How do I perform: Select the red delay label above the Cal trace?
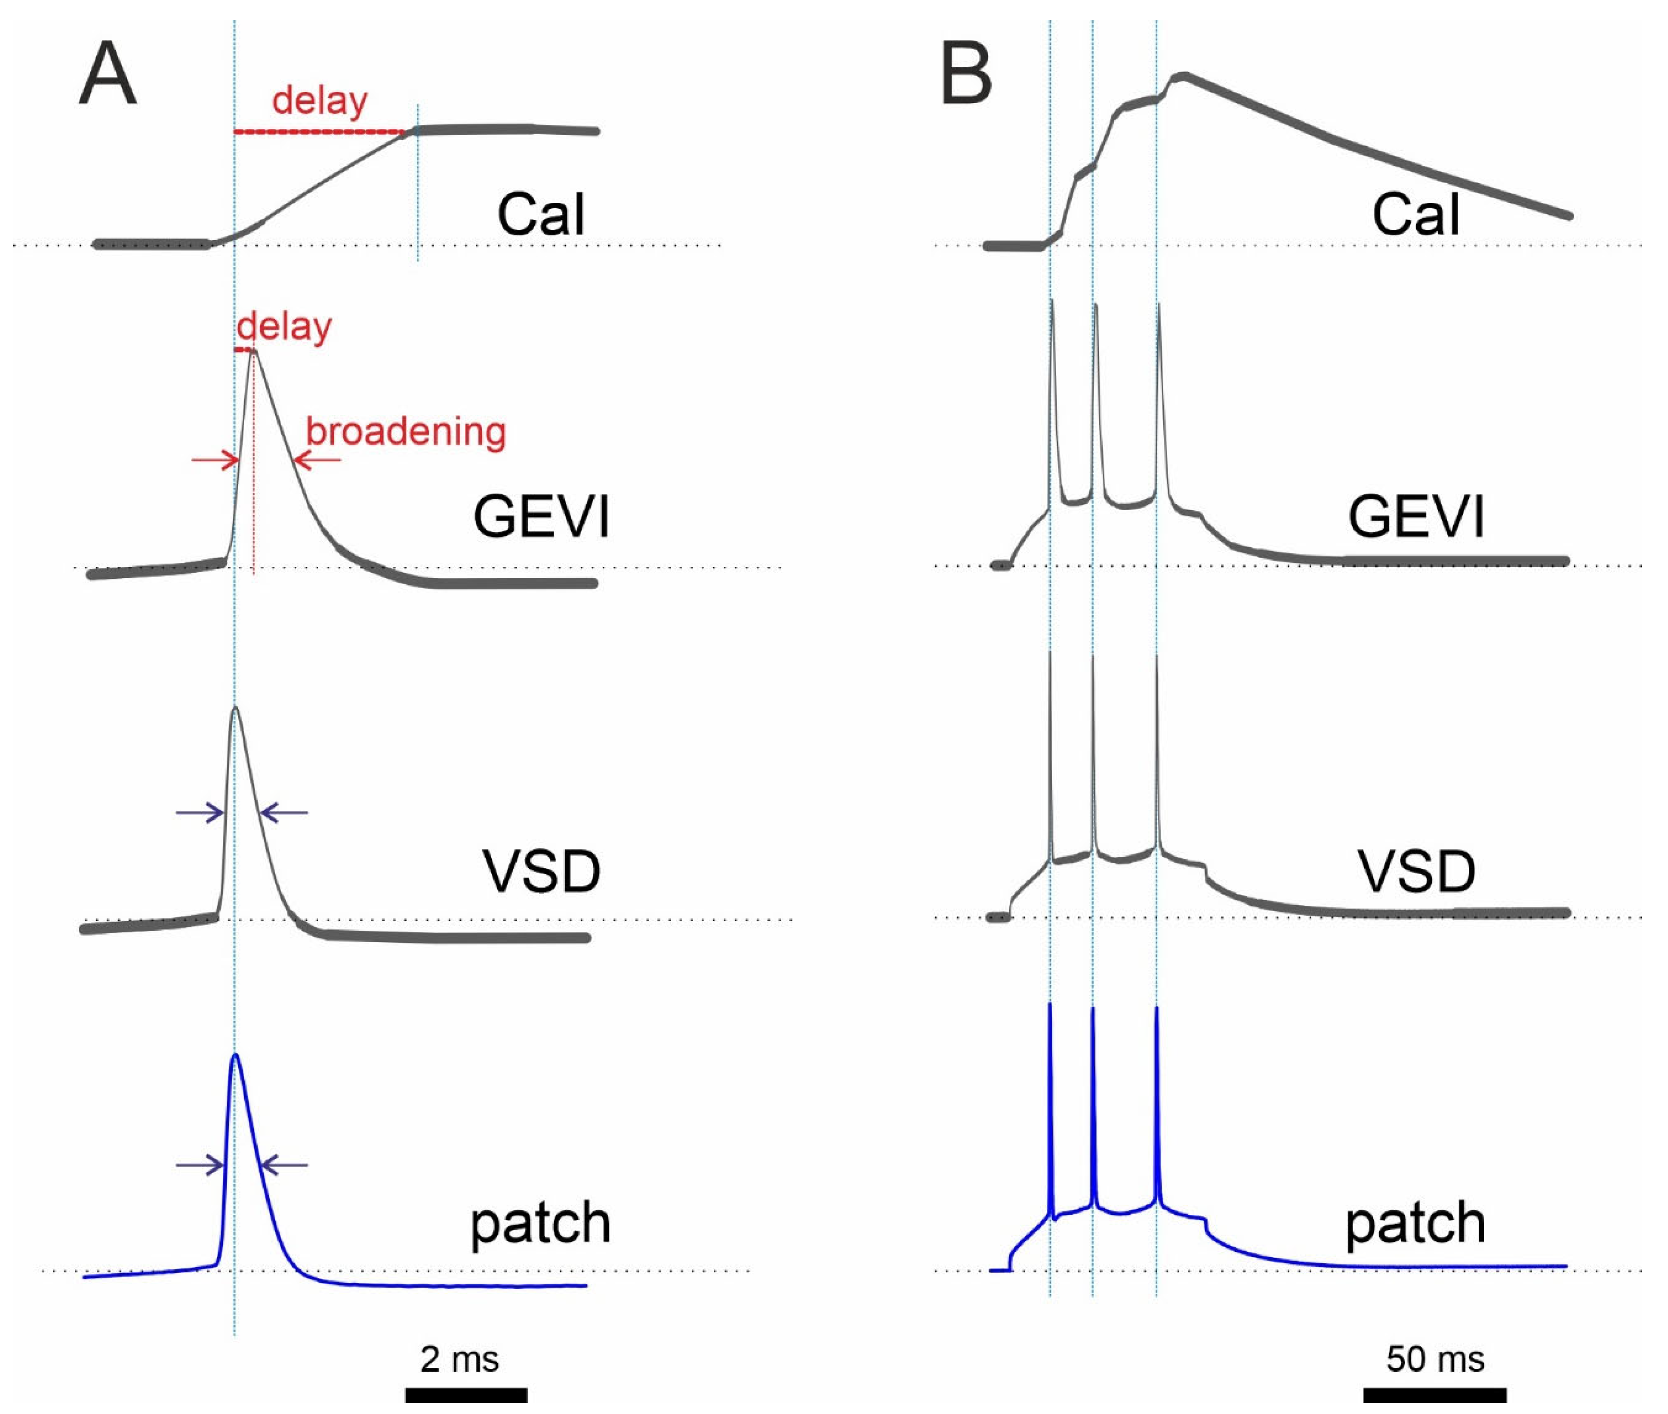(320, 101)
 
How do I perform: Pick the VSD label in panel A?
(541, 871)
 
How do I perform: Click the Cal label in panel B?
(1416, 215)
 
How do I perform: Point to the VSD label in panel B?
(1416, 871)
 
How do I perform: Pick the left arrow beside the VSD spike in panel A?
(200, 813)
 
